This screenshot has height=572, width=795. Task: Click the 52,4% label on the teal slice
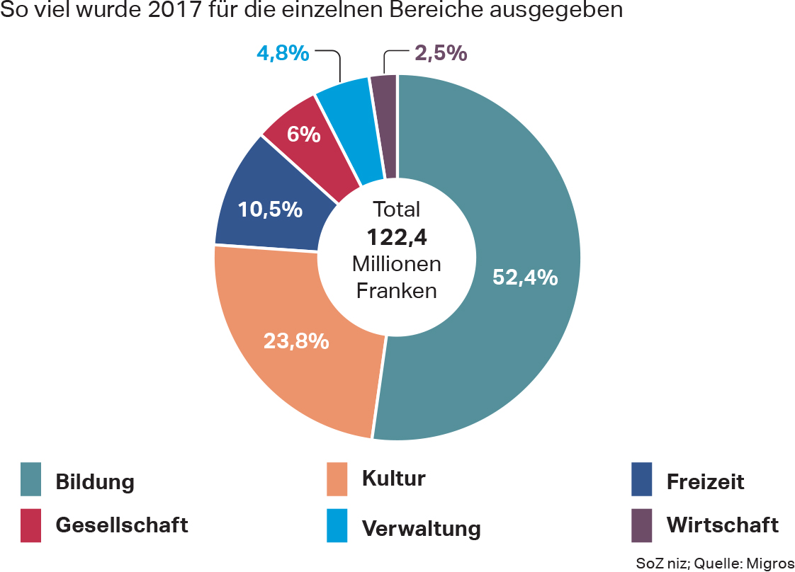pos(525,278)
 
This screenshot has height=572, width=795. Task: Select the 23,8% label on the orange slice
pos(296,341)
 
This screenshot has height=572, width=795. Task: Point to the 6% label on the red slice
pos(304,134)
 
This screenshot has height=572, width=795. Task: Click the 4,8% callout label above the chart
pos(283,53)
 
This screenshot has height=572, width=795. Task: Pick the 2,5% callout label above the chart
pos(440,53)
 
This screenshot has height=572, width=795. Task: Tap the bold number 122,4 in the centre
pos(397,237)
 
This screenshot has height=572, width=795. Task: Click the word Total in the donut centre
pos(397,210)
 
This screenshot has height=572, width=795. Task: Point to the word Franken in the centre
pos(397,291)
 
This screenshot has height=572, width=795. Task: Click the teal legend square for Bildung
pos(31,479)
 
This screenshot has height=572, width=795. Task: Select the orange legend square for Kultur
pos(337,479)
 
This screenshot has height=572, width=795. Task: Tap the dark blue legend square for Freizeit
pos(642,479)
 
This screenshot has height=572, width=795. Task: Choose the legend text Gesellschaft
pos(122,525)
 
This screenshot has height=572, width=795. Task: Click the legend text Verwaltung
pos(421,528)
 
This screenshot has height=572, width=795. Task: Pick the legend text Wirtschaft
pos(722,525)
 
